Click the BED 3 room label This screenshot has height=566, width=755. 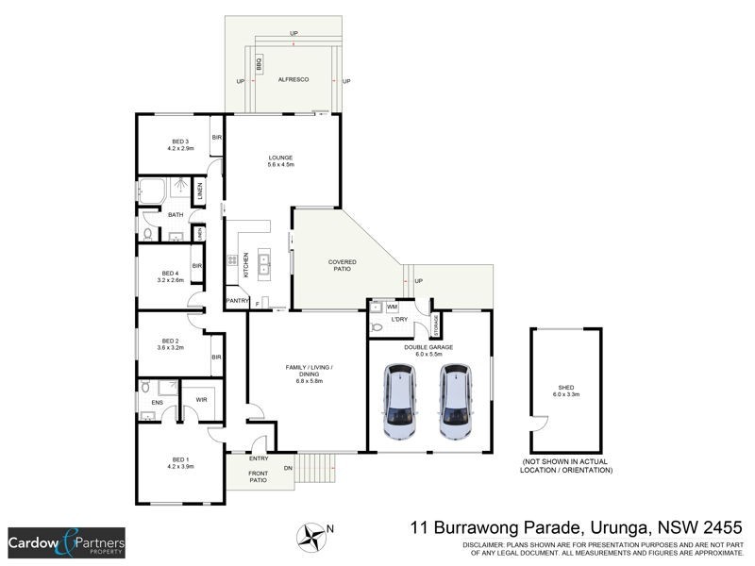click(x=179, y=141)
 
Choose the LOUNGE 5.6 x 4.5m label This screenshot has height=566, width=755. click(x=280, y=158)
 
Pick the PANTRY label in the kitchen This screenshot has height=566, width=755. click(x=237, y=301)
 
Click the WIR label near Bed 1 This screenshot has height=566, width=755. click(x=201, y=400)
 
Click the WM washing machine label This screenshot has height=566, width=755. click(x=393, y=307)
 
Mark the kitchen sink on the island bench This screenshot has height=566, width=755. click(x=264, y=262)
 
